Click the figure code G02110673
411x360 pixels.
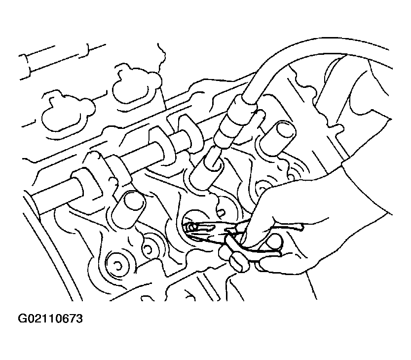coord(50,319)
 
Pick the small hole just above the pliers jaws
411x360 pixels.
coord(222,211)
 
